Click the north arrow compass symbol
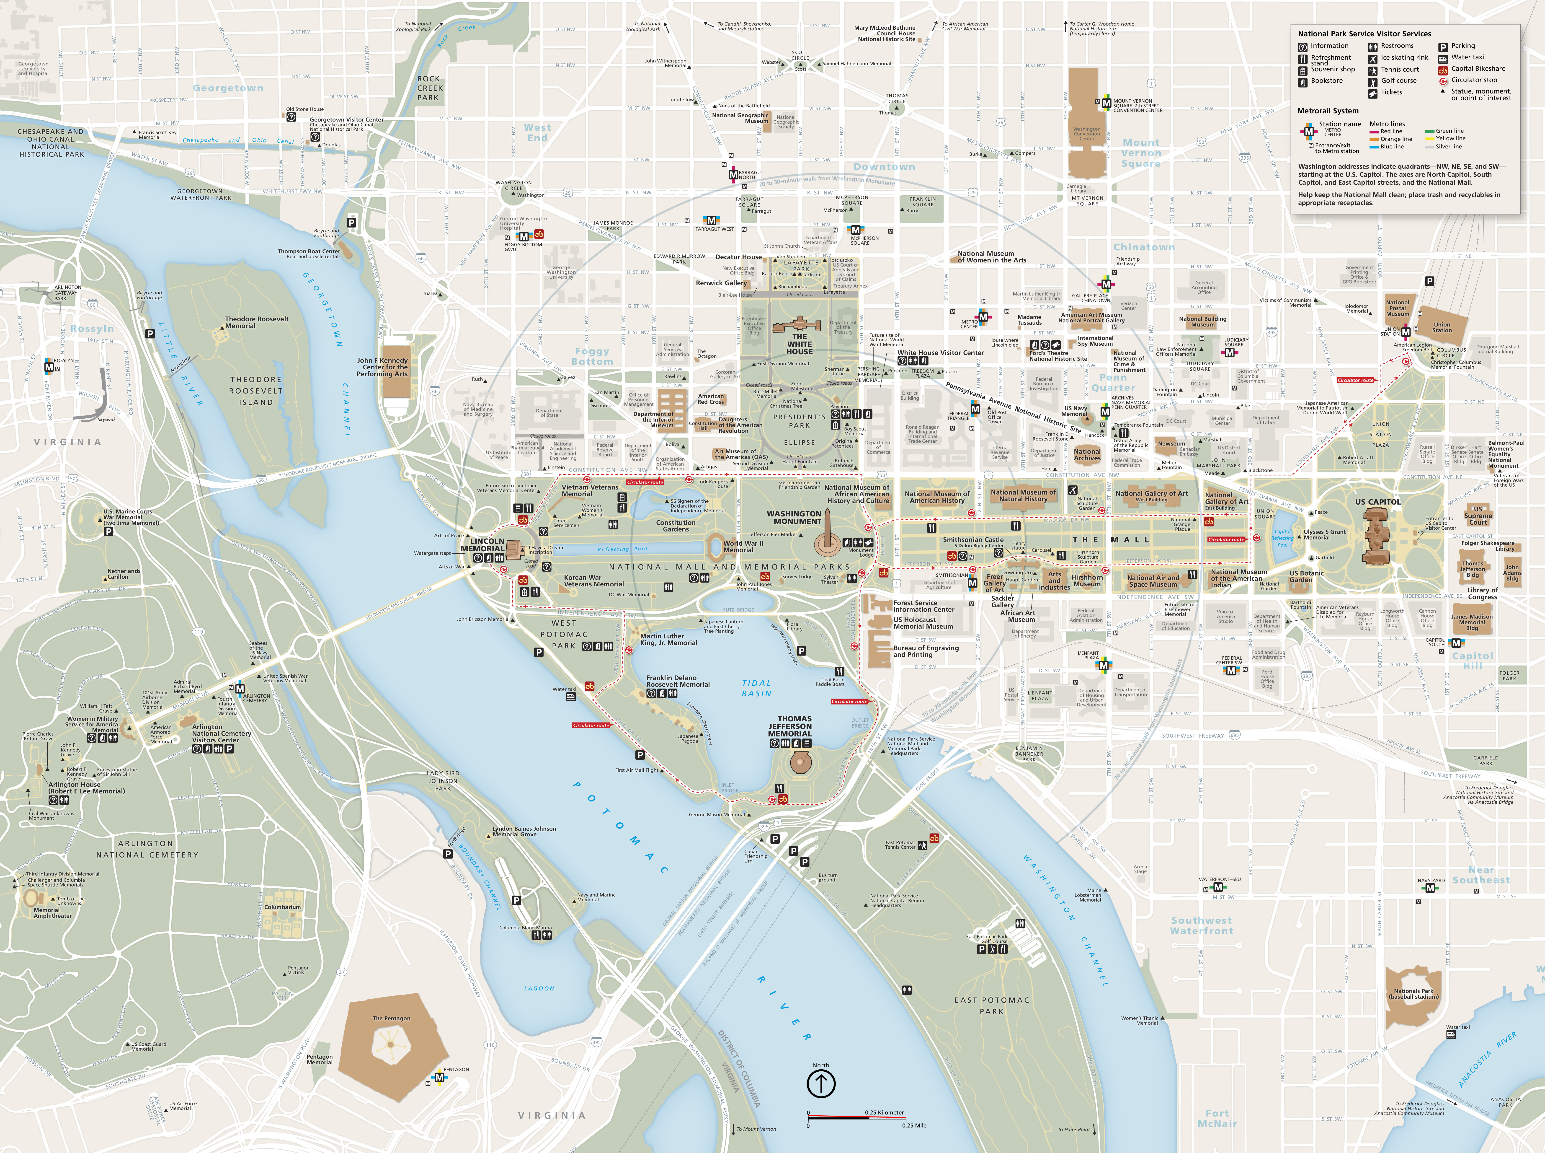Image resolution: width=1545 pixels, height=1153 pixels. pyautogui.click(x=821, y=1083)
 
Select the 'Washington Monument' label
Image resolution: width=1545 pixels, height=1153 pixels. pyautogui.click(x=794, y=517)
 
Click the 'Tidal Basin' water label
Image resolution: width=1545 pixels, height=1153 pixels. pyautogui.click(x=757, y=688)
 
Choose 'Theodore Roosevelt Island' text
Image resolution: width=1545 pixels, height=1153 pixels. pyautogui.click(x=256, y=391)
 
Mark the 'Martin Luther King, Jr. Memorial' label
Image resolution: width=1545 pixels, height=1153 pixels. pyautogui.click(x=668, y=639)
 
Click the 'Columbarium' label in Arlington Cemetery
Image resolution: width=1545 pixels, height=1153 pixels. pyautogui.click(x=283, y=907)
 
